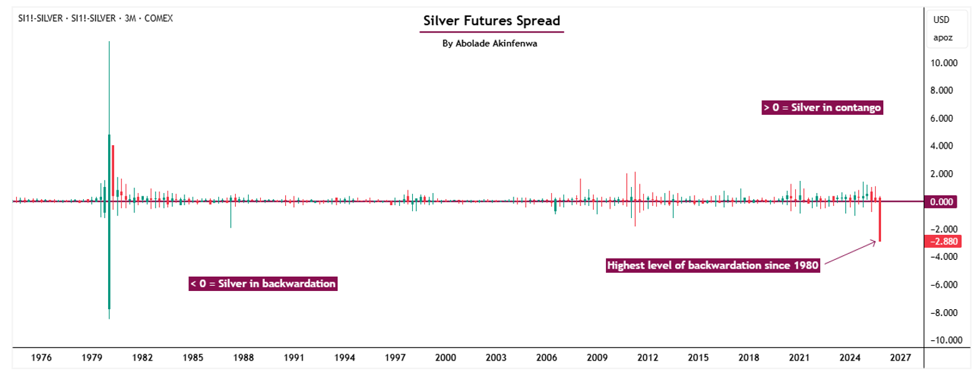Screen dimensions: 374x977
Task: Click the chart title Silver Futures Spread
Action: pyautogui.click(x=491, y=21)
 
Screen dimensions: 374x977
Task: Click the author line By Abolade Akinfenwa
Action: pyautogui.click(x=491, y=43)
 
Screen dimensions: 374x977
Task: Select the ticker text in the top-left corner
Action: pyautogui.click(x=95, y=18)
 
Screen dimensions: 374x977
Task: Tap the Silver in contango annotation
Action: pyautogui.click(x=822, y=107)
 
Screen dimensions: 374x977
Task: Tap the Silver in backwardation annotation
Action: pyautogui.click(x=263, y=284)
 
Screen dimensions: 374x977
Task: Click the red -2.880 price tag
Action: pyautogui.click(x=942, y=242)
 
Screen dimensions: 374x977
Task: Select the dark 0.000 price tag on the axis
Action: pyautogui.click(x=942, y=202)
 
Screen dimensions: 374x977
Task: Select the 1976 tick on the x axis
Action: pyautogui.click(x=41, y=357)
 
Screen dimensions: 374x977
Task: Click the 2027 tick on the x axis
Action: pyautogui.click(x=901, y=357)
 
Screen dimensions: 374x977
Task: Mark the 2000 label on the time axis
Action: pyautogui.click(x=445, y=357)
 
